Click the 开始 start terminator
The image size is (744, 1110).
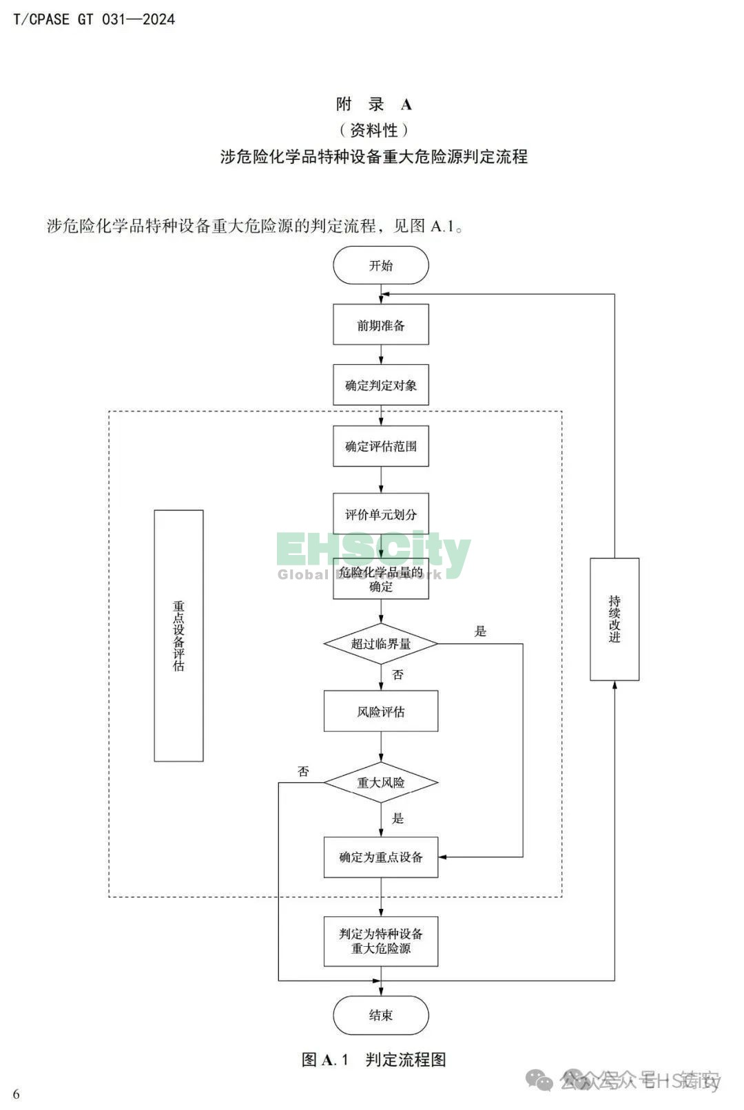pyautogui.click(x=380, y=265)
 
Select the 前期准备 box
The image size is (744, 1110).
pyautogui.click(x=380, y=325)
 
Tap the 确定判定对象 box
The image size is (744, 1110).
pyautogui.click(x=380, y=385)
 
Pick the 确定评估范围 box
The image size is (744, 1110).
pyautogui.click(x=380, y=446)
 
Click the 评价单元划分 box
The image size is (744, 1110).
pyautogui.click(x=380, y=514)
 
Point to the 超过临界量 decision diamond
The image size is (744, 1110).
pyautogui.click(x=380, y=644)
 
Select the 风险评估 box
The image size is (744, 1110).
pyautogui.click(x=380, y=711)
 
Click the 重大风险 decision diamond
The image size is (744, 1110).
pyautogui.click(x=380, y=782)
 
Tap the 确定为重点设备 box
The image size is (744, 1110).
pyautogui.click(x=380, y=857)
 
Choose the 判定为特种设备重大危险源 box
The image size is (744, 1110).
pyautogui.click(x=380, y=941)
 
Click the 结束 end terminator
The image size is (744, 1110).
pyautogui.click(x=380, y=1015)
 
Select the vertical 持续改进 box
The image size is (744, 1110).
pyautogui.click(x=614, y=619)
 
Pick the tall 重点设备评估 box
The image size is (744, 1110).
pyautogui.click(x=178, y=636)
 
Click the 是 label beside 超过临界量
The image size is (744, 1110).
pyautogui.click(x=480, y=631)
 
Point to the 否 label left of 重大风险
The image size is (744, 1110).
pyautogui.click(x=303, y=772)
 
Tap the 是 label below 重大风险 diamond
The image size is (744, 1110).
pyautogui.click(x=397, y=818)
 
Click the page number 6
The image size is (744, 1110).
pyautogui.click(x=17, y=1094)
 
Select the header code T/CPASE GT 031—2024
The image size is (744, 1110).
pyautogui.click(x=94, y=19)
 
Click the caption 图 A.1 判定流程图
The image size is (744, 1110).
pyautogui.click(x=373, y=1060)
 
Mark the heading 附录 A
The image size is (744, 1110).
pyautogui.click(x=373, y=104)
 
